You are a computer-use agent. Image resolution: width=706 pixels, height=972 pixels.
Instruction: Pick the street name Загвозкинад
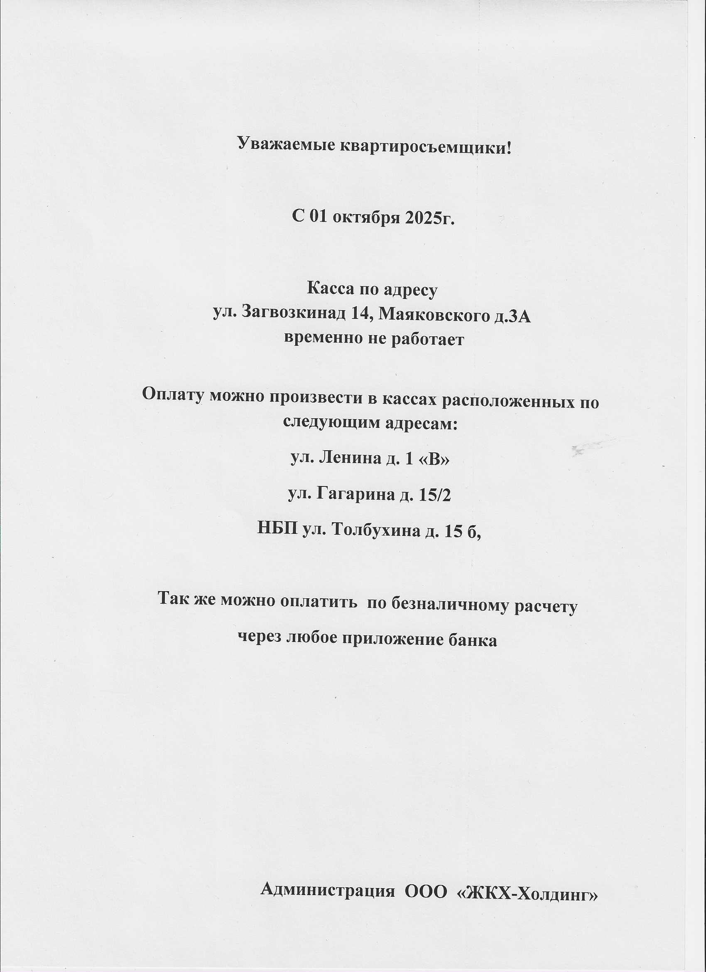294,314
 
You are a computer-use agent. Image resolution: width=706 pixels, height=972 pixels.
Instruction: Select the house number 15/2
434,495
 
